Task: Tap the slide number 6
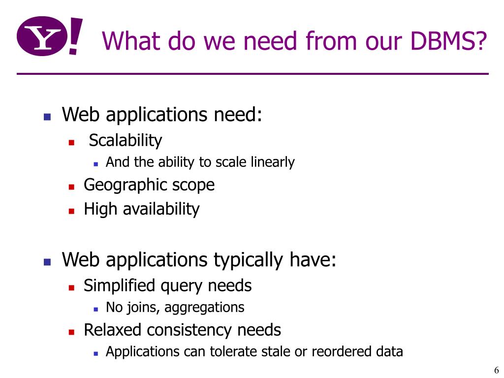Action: point(496,371)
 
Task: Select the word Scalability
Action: point(125,141)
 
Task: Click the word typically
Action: point(248,260)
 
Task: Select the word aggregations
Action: point(204,308)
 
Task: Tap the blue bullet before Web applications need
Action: point(47,117)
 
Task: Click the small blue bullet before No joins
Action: point(96,309)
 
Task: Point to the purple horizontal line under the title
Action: point(252,74)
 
